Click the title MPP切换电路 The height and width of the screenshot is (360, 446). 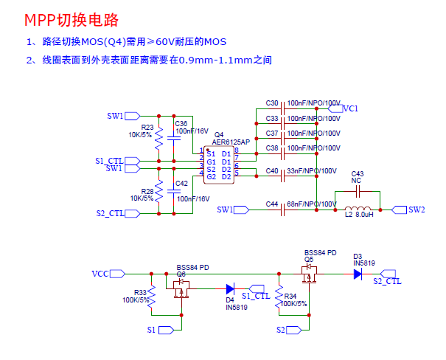(71, 19)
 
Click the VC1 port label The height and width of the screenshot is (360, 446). (351, 108)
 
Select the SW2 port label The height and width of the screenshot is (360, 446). (417, 210)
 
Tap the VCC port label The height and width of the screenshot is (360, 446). (100, 274)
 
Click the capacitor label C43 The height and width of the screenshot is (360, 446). (358, 173)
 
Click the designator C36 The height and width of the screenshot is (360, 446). (181, 122)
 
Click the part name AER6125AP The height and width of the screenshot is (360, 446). (226, 142)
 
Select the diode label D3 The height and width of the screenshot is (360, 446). (358, 256)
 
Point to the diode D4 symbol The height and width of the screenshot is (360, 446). (230, 288)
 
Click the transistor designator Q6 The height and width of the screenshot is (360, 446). (181, 274)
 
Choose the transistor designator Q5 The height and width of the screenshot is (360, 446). (309, 259)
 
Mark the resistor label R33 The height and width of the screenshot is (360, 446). (140, 293)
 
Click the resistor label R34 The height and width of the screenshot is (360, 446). (290, 296)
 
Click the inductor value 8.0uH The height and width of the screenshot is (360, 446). (366, 215)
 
